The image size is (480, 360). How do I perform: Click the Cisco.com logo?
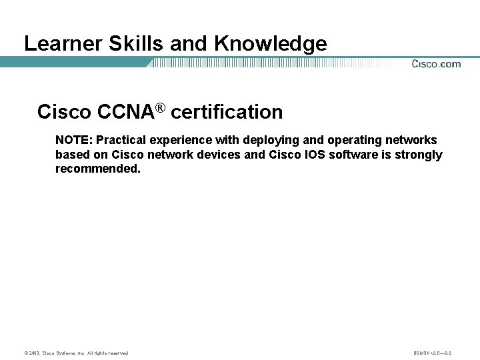436,64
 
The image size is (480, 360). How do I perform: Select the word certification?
227,112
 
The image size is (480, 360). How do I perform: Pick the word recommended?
98,169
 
